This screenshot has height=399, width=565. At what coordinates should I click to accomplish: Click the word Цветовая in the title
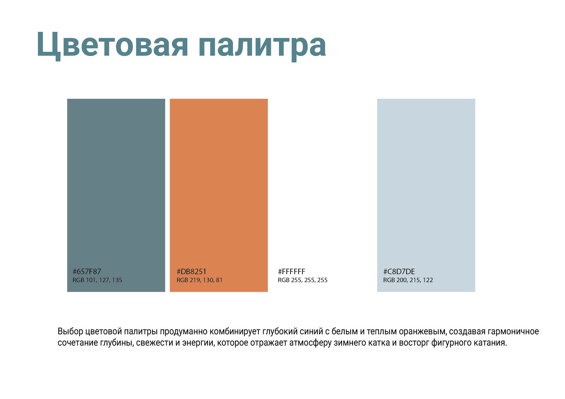click(112, 45)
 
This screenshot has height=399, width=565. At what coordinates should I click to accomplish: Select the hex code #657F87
click(87, 272)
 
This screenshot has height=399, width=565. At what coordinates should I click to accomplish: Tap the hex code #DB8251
click(191, 272)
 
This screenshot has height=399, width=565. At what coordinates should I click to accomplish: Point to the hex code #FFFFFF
click(292, 272)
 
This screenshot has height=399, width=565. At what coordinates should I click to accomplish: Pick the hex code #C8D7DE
click(399, 272)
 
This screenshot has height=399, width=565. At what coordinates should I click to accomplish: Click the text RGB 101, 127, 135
click(97, 280)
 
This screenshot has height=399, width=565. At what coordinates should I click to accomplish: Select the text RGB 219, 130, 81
click(199, 280)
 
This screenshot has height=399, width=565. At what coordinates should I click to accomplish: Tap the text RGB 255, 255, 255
click(302, 280)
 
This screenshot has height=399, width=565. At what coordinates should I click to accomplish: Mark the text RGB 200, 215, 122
click(408, 280)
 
